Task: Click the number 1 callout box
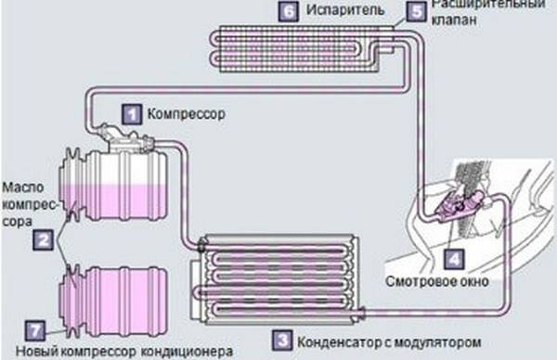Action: [x=134, y=114]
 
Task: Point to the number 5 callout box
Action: [x=416, y=12]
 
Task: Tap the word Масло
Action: [x=21, y=186]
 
